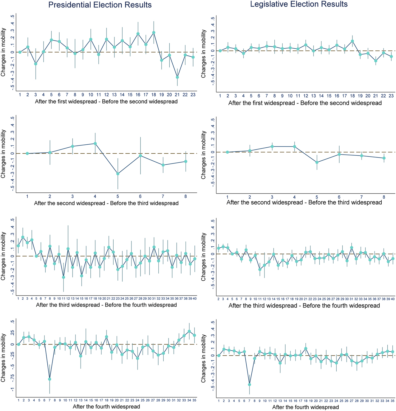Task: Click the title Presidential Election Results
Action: pos(100,5)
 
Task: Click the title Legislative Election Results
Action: pos(299,4)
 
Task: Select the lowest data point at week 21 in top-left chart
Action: pos(177,77)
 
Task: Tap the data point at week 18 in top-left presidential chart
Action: pos(154,33)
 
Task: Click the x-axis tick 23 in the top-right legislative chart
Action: pos(391,96)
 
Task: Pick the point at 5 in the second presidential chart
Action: pos(118,174)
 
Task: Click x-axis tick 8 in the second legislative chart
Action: pos(384,197)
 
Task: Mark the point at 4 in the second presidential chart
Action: pos(95,143)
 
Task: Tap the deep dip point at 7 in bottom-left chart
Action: pos(49,379)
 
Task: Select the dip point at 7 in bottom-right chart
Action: pos(250,385)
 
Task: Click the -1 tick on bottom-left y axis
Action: pos(12,389)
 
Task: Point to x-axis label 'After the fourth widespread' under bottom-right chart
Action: pos(305,407)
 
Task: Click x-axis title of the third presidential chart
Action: pos(106,305)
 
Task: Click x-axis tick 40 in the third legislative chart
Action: pos(393,299)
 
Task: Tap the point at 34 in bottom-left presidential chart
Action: pos(189,331)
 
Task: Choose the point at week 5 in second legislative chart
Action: pos(317,162)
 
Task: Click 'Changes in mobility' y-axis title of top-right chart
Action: pos(204,54)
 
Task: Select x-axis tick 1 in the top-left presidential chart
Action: pos(20,95)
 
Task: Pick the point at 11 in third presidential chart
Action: pos(64,277)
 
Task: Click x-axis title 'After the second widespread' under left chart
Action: pos(106,203)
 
